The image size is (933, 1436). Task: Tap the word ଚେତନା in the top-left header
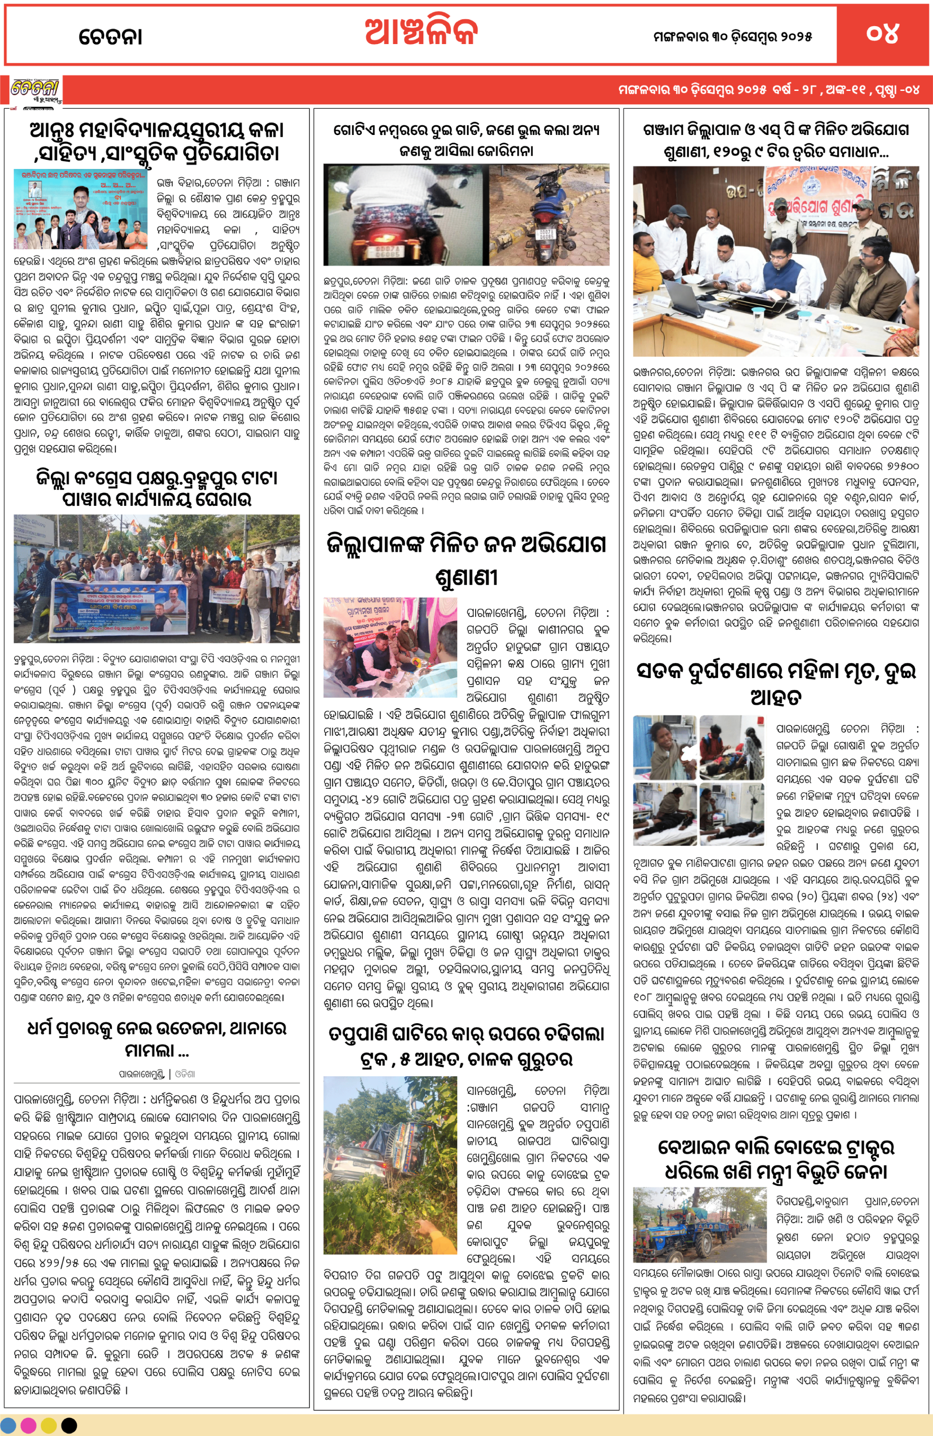click(x=111, y=37)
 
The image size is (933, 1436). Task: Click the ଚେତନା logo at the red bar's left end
click(x=35, y=90)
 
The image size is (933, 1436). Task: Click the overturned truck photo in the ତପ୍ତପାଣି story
click(x=390, y=1170)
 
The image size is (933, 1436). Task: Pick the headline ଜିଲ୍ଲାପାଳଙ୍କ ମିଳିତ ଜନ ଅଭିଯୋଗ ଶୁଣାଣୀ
click(x=466, y=559)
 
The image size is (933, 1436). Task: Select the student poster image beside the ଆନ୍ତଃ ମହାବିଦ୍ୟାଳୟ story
click(x=80, y=209)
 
